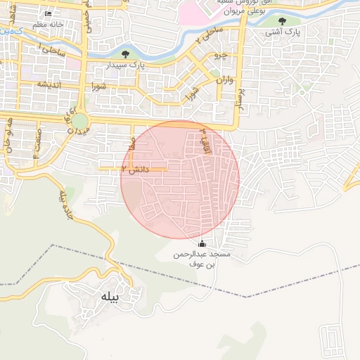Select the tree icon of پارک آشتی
282,21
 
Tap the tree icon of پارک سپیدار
125,53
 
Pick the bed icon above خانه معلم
47,14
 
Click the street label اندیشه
51,84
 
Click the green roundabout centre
79,122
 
